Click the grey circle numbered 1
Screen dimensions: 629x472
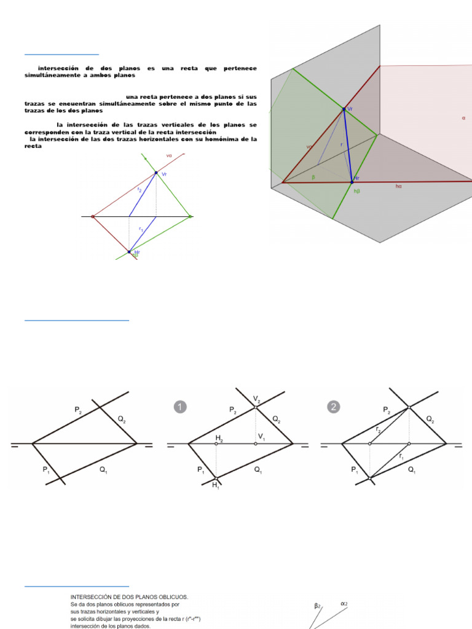(180, 407)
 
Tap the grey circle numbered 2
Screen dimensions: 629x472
(333, 407)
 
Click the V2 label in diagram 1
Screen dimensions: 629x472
(257, 399)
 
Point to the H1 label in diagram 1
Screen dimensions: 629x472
(216, 485)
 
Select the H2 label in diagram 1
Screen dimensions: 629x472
(219, 437)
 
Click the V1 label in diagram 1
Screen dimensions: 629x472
(261, 437)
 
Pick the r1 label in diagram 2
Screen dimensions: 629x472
(401, 456)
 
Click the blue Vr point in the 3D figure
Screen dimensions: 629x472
(344, 109)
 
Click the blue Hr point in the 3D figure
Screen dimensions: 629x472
(352, 181)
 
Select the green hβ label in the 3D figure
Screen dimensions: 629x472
(356, 191)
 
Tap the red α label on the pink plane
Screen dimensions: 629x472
(463, 117)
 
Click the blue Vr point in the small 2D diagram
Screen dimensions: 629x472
(155, 173)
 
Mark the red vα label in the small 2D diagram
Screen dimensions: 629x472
(169, 155)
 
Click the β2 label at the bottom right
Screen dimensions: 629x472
(318, 606)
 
